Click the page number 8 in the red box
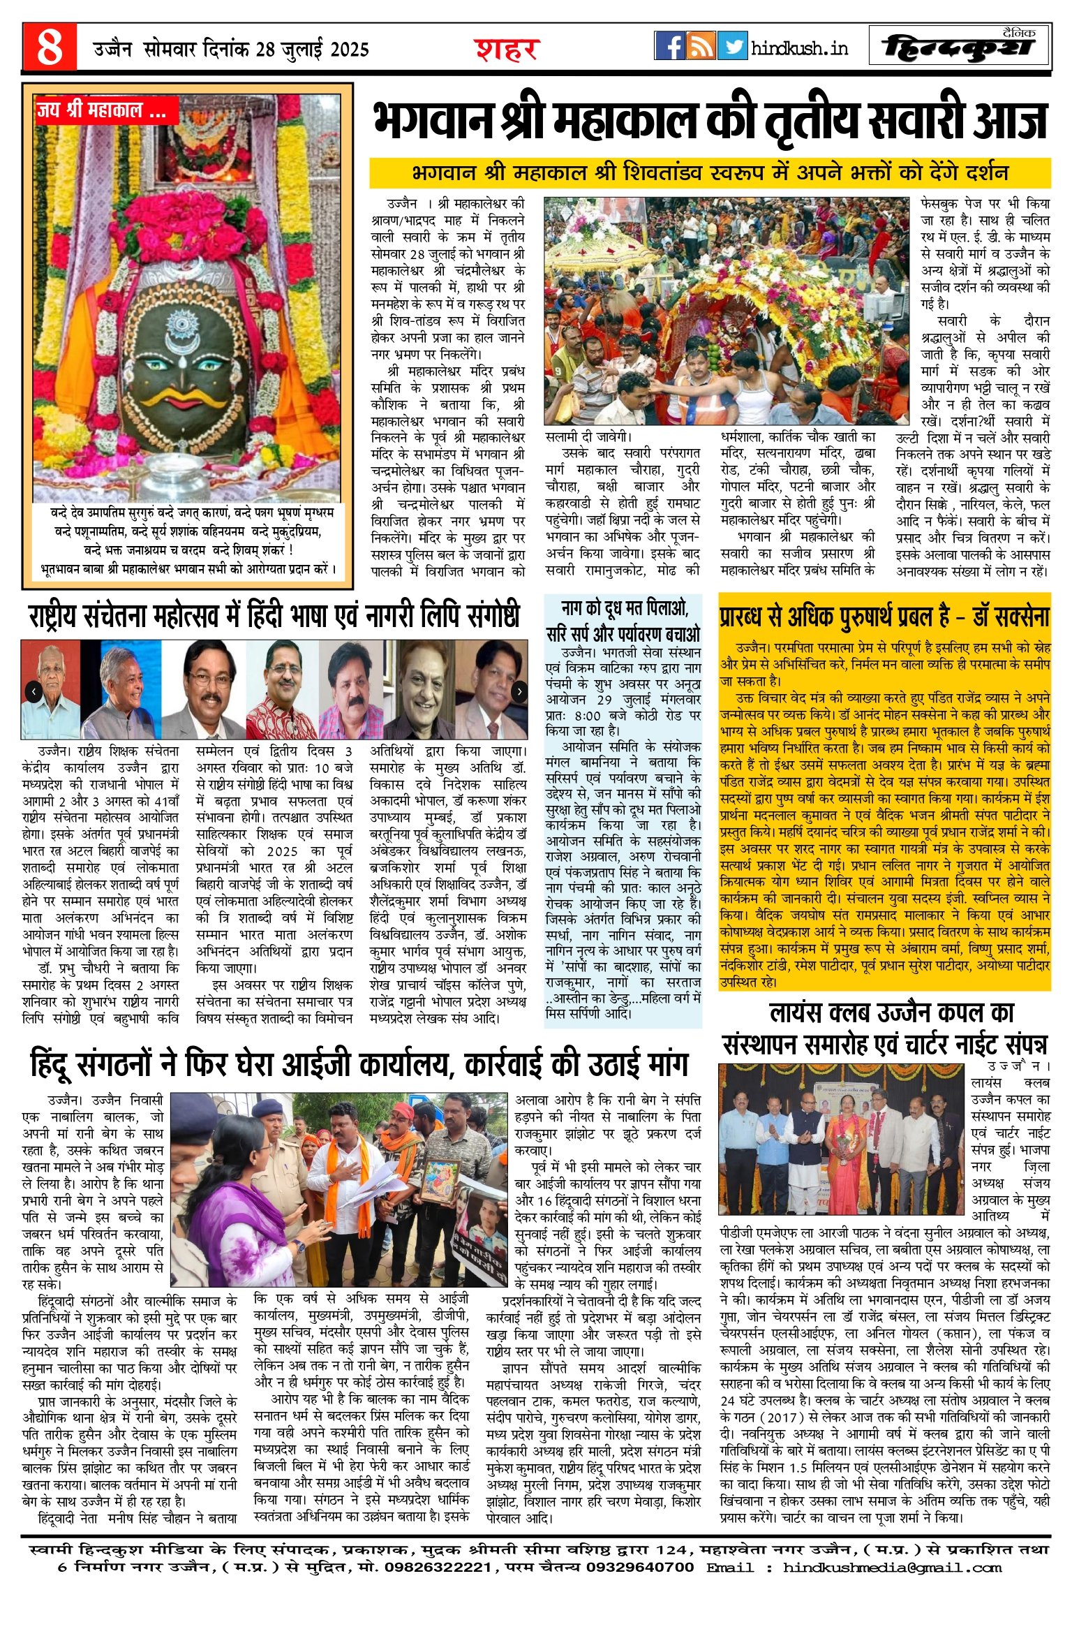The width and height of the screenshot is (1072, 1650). (x=49, y=47)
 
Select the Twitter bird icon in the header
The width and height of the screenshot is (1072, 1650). (x=732, y=46)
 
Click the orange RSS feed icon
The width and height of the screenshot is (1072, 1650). (x=701, y=46)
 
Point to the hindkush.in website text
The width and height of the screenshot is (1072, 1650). (x=800, y=47)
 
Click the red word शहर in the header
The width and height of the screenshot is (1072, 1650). (x=507, y=50)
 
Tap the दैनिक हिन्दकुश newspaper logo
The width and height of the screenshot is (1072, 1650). (x=959, y=47)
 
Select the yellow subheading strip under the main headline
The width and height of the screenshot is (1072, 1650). (x=710, y=172)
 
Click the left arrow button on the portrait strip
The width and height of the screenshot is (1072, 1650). (x=33, y=691)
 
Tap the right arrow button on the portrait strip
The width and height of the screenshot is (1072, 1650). (x=519, y=691)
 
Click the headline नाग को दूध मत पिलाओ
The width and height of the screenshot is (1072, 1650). (x=623, y=608)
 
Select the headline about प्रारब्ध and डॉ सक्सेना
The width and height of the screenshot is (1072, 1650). (x=884, y=617)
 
